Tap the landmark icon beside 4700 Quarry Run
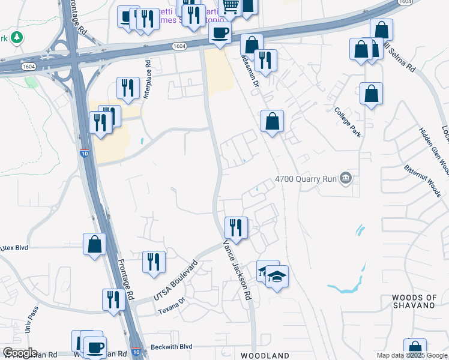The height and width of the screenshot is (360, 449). [345, 178]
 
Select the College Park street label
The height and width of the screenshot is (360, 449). [348, 122]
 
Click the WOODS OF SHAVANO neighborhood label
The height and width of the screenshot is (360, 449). [421, 301]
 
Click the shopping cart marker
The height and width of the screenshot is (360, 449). [231, 6]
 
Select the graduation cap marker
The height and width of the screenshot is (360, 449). [277, 277]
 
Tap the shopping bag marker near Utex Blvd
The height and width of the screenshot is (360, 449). [95, 244]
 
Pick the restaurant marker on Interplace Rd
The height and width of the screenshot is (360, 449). [127, 88]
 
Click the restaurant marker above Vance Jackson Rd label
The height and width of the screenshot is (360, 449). [236, 227]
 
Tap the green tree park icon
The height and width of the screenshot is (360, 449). [17, 38]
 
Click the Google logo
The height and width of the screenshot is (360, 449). [19, 353]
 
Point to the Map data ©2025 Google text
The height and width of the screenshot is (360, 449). [412, 355]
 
